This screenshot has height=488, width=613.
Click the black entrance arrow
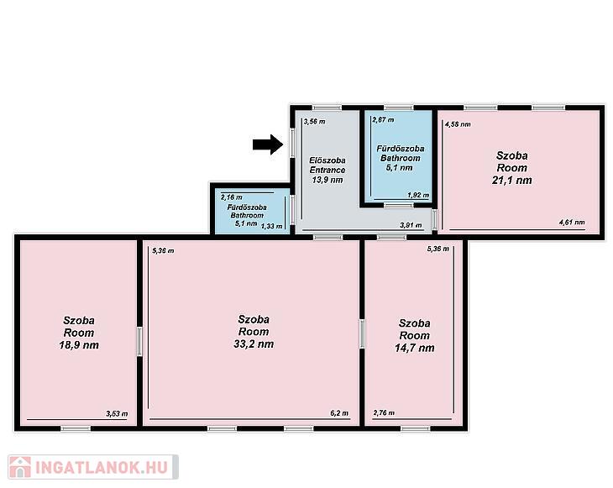tap(268, 144)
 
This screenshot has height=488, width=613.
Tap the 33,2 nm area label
tap(254, 344)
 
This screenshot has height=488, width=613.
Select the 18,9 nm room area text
tap(79, 345)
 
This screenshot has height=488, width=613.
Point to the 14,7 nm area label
tap(414, 348)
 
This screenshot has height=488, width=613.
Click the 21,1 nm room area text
tap(511, 181)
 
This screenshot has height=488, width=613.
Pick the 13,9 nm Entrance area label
tap(327, 180)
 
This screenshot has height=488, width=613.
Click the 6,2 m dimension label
tap(339, 413)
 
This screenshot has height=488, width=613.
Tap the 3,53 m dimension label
tap(117, 414)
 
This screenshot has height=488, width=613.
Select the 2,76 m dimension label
tap(384, 413)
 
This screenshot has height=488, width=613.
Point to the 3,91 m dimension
tap(411, 225)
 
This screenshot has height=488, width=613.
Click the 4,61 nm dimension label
tap(572, 223)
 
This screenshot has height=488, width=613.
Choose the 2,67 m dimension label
tap(383, 120)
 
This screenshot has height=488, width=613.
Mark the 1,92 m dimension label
tap(418, 195)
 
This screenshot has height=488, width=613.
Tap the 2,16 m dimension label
tap(232, 197)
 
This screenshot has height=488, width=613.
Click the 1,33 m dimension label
tap(271, 227)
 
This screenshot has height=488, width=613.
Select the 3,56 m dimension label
tap(314, 122)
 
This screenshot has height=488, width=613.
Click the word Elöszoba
tap(327, 160)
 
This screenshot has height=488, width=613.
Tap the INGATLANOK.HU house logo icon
tap(20, 467)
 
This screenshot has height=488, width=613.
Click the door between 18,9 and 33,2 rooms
tap(139, 342)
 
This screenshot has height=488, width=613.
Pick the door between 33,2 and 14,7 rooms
tap(362, 333)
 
